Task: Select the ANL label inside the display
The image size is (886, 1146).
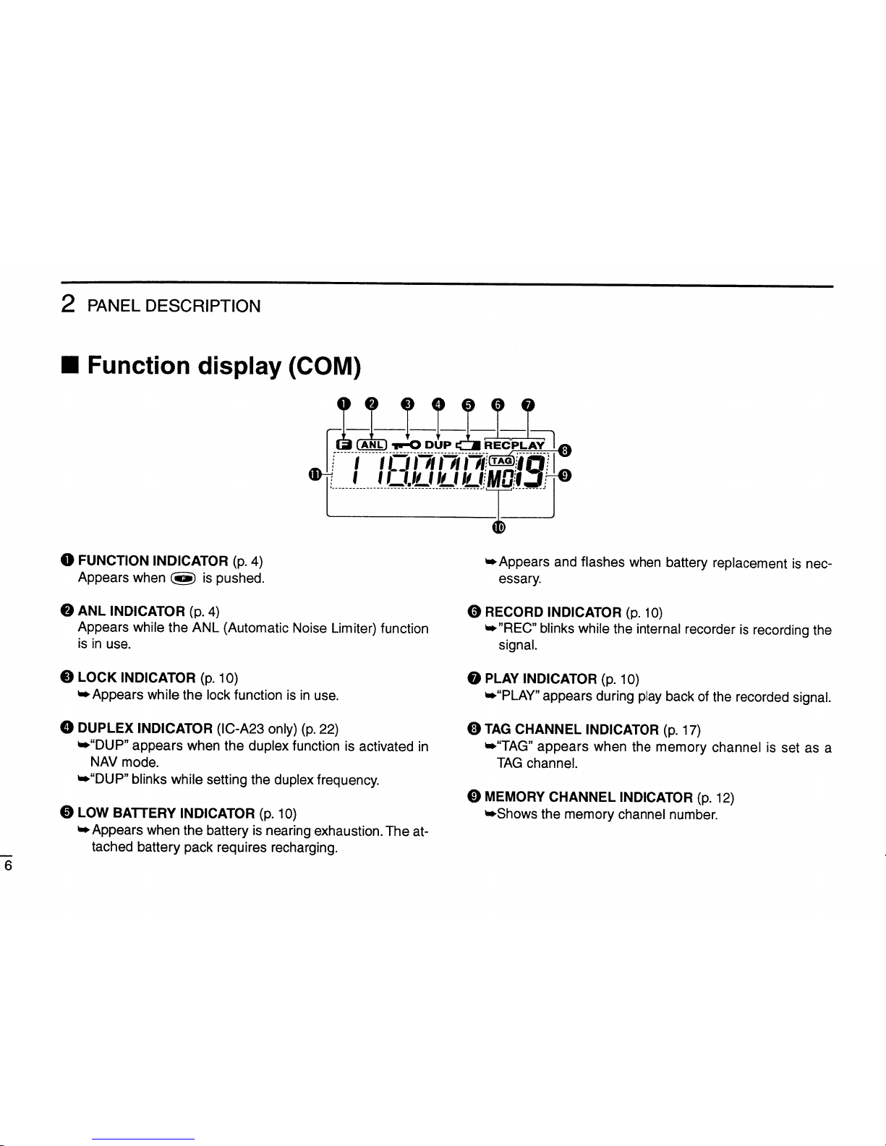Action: pyautogui.click(x=373, y=444)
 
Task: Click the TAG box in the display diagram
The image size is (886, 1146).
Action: pyautogui.click(x=500, y=461)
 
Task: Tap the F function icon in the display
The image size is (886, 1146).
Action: pyautogui.click(x=344, y=444)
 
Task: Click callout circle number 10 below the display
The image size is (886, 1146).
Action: pyautogui.click(x=498, y=526)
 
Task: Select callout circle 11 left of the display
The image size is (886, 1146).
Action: pyautogui.click(x=314, y=474)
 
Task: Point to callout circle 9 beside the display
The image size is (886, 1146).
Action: pyautogui.click(x=566, y=475)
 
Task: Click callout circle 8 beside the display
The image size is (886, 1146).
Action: pyautogui.click(x=566, y=450)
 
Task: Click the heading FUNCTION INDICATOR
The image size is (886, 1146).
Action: pyautogui.click(x=153, y=560)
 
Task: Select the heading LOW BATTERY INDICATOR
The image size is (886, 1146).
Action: pyautogui.click(x=166, y=813)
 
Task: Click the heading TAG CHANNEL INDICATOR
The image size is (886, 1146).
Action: pyautogui.click(x=571, y=730)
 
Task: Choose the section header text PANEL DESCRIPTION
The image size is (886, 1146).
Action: pyautogui.click(x=174, y=306)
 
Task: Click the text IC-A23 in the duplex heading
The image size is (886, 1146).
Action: pyautogui.click(x=242, y=728)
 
